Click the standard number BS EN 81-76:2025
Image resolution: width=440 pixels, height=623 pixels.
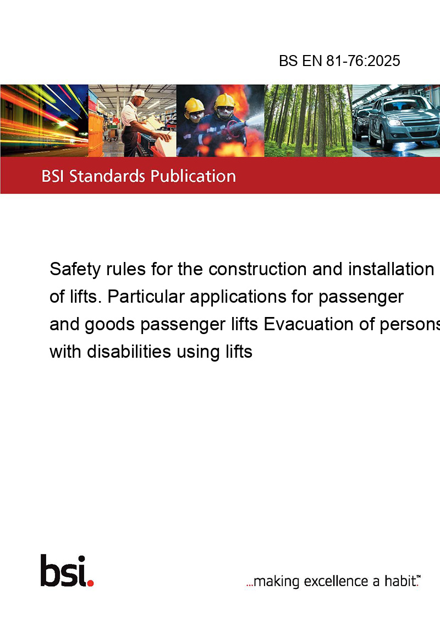(x=339, y=61)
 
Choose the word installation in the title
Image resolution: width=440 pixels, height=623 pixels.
(x=391, y=269)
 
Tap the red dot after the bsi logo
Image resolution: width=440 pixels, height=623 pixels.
(x=90, y=583)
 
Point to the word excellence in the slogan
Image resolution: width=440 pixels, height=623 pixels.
(x=336, y=581)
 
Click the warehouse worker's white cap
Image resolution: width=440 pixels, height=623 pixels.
(x=139, y=94)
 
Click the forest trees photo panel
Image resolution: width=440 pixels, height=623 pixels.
(x=308, y=121)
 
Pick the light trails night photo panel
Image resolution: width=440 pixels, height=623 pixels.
(x=44, y=121)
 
